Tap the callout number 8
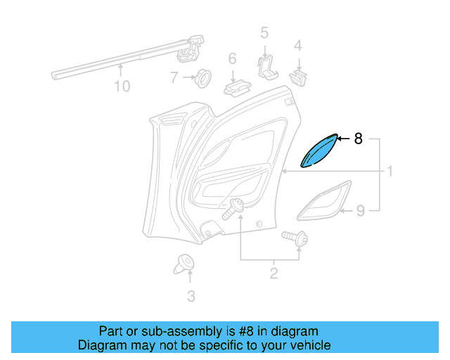tap(358, 139)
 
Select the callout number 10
tap(122, 86)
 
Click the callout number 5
tap(264, 32)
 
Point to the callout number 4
tap(298, 46)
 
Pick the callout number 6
tap(232, 59)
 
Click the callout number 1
tap(389, 172)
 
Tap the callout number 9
tap(360, 210)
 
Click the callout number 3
tap(191, 296)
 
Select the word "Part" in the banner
tap(110, 331)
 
